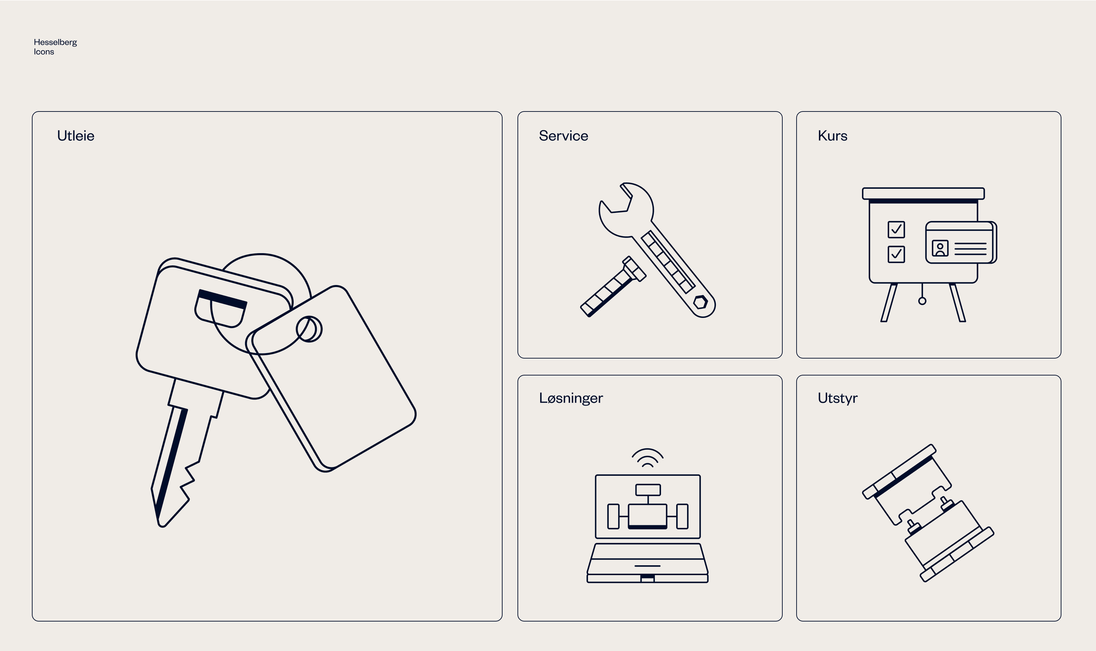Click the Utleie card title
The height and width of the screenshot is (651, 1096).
(76, 136)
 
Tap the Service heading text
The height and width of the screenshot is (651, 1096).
(563, 136)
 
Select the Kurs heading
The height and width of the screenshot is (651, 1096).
(832, 136)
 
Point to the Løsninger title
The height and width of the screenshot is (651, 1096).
(571, 398)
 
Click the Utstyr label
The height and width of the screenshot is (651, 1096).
(838, 398)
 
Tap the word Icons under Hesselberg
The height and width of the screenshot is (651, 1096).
(44, 52)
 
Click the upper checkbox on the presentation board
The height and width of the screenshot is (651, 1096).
(896, 229)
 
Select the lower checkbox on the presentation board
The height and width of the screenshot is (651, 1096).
(896, 254)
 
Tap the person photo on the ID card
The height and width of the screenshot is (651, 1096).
(940, 248)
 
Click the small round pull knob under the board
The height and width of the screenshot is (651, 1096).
(922, 301)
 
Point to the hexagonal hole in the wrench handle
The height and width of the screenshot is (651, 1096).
(700, 302)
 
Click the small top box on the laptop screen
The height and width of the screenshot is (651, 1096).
(648, 490)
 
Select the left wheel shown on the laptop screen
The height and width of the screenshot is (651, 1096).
(613, 516)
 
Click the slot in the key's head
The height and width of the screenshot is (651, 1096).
(220, 308)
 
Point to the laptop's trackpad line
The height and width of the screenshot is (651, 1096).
(647, 566)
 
